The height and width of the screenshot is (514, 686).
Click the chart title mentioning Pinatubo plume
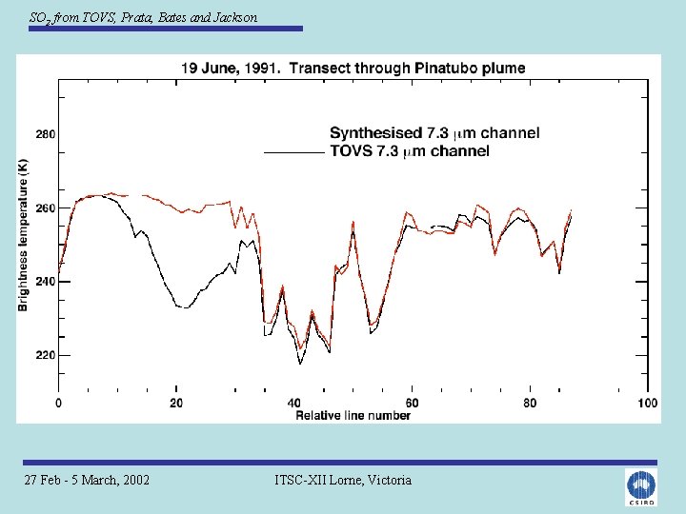[353, 69]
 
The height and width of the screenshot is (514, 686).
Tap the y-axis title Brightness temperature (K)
[23, 235]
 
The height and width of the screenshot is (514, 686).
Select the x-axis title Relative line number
[353, 415]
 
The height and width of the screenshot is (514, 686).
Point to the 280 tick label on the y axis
[46, 134]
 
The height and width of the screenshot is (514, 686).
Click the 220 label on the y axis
[46, 355]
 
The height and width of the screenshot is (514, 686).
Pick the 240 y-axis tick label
[46, 282]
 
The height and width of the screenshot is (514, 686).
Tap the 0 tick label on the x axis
[59, 403]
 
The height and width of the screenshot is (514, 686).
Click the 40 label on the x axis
[294, 403]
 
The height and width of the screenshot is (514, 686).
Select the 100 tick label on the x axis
[648, 403]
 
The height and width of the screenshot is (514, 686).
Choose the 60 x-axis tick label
[412, 403]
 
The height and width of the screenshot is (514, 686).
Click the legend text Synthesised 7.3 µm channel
[434, 133]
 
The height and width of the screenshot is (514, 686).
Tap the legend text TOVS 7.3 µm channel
[410, 151]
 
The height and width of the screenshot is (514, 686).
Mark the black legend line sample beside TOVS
[294, 152]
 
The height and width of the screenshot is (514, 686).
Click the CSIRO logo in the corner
[641, 486]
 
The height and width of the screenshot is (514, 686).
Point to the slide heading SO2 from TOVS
[143, 18]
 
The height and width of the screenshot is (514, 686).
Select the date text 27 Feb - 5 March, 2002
[87, 480]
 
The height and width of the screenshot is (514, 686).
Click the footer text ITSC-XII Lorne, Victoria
[343, 480]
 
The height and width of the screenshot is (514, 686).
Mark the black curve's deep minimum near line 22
[186, 307]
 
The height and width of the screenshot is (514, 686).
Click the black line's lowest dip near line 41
[300, 364]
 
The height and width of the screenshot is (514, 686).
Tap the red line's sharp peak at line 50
[353, 222]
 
